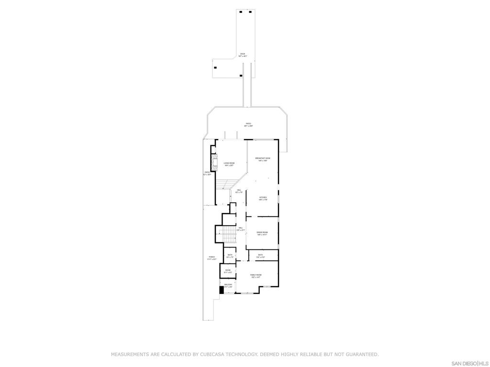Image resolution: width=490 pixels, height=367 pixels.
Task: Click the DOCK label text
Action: [x=243, y=54]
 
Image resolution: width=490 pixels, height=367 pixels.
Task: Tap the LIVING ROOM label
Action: [x=229, y=164]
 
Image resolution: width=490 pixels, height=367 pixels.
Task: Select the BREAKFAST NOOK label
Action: [x=263, y=159]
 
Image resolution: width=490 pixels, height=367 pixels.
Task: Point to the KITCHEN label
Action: [x=263, y=198]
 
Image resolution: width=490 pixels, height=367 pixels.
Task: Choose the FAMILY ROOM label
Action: [x=256, y=276]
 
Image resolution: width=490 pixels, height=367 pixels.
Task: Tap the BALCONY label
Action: [x=228, y=285]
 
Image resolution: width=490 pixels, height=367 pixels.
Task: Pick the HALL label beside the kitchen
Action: [x=239, y=191]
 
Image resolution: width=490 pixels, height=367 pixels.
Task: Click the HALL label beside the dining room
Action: [x=241, y=228]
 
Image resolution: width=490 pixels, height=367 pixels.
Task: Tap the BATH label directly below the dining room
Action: [x=260, y=256]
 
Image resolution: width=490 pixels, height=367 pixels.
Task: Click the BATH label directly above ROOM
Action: [x=230, y=256]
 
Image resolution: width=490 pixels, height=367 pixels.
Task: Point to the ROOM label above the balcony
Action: [x=228, y=271]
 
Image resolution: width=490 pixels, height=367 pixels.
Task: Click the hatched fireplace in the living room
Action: [x=215, y=160]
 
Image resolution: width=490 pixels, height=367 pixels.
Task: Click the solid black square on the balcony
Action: [x=222, y=289]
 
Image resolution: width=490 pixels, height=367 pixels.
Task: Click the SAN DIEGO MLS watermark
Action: [x=469, y=363]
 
